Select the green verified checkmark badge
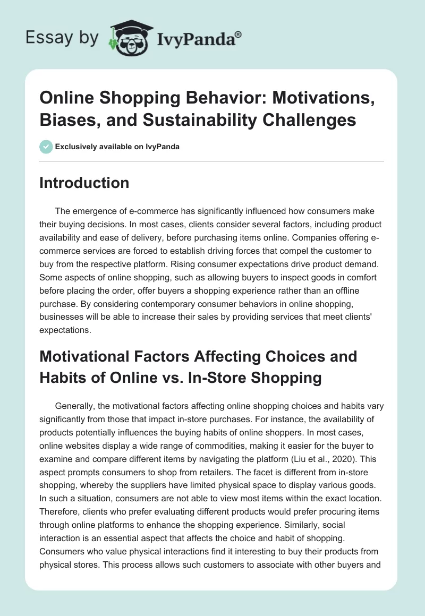click(x=46, y=147)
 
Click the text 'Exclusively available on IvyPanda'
click(x=117, y=147)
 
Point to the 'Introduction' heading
click(x=84, y=183)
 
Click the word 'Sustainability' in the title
click(x=181, y=120)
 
